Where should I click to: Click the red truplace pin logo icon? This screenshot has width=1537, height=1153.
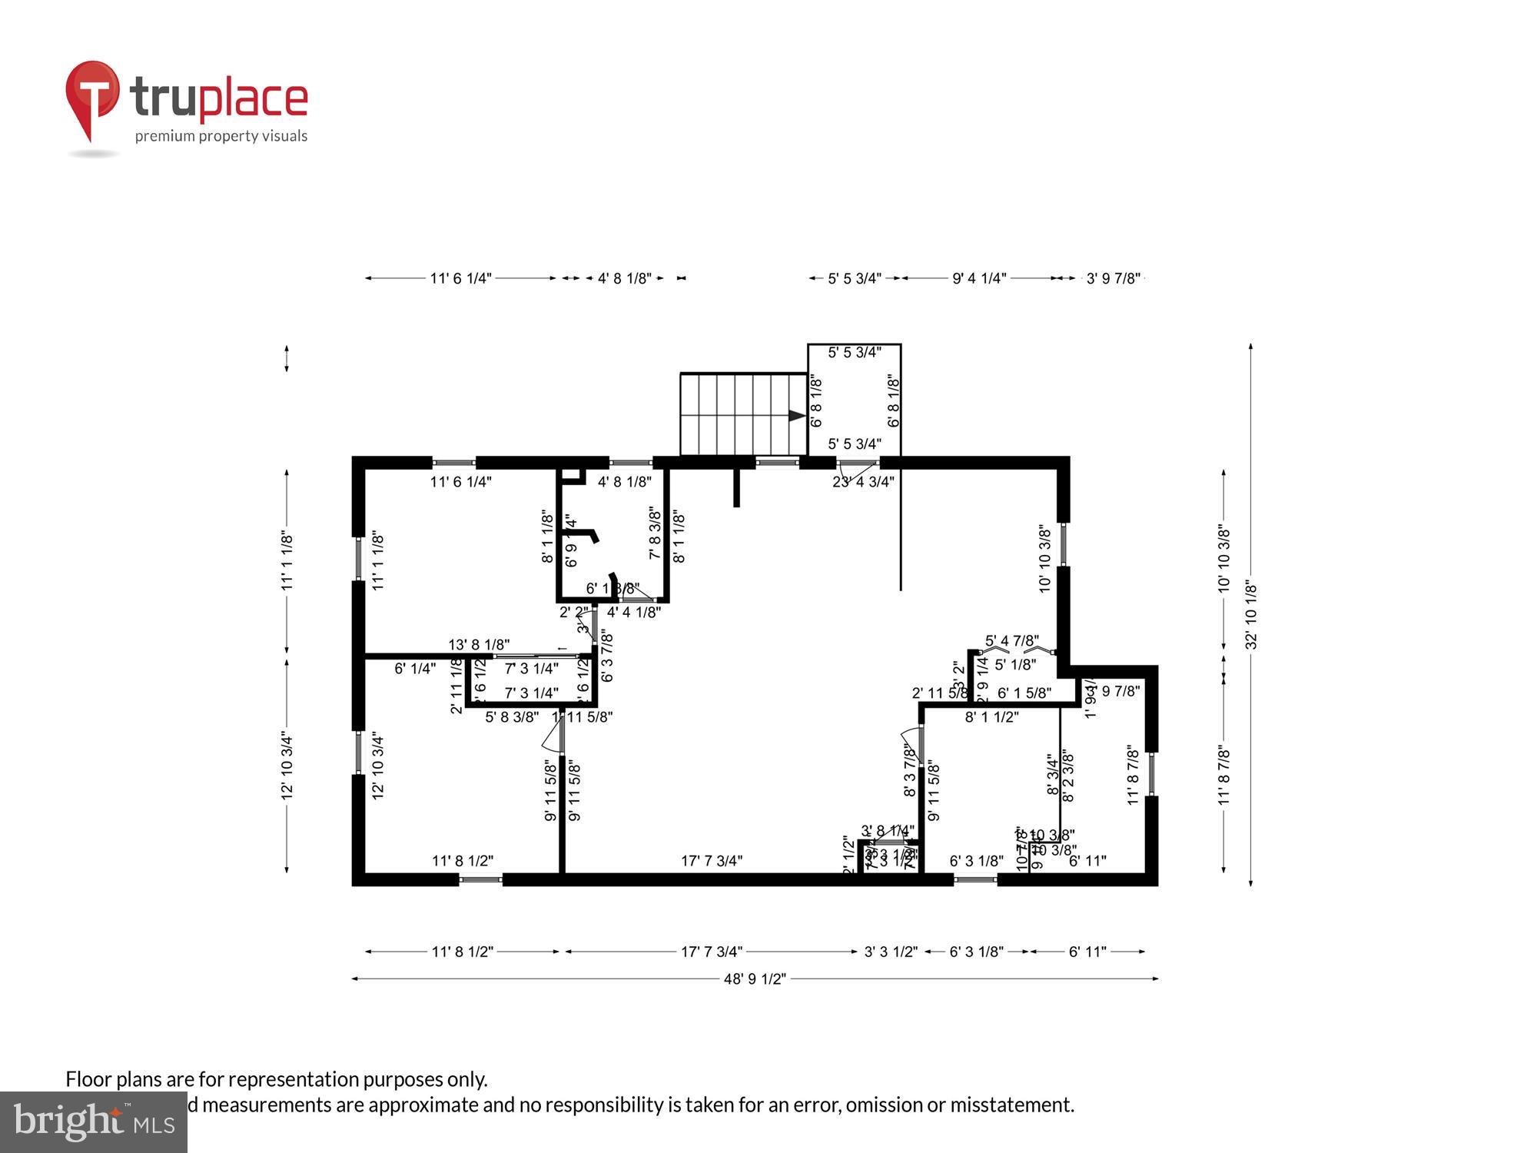92,96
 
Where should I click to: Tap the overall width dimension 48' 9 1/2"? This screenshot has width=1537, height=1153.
755,979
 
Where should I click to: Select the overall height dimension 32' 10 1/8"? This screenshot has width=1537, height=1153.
1251,615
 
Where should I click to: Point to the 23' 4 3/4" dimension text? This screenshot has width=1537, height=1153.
863,482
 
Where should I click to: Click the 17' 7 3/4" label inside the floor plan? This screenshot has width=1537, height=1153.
712,861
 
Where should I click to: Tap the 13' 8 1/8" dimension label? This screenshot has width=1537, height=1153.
479,645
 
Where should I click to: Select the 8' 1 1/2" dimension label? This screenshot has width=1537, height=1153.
991,717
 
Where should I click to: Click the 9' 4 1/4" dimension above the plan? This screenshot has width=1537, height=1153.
979,278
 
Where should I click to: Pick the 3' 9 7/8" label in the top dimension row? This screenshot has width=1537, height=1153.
1113,278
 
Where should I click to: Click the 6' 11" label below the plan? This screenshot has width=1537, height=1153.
1087,952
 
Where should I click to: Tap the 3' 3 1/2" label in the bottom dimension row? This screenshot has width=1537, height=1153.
891,952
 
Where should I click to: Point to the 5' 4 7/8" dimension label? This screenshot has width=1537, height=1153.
1012,640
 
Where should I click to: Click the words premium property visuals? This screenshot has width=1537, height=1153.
221,136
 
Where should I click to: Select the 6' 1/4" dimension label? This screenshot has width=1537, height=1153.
415,669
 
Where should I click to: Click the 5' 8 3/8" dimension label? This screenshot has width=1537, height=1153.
512,717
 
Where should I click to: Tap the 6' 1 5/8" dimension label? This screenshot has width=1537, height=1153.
1024,693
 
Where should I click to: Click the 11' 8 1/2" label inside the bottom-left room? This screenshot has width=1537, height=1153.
463,861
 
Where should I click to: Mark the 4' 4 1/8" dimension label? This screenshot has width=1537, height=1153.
633,613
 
